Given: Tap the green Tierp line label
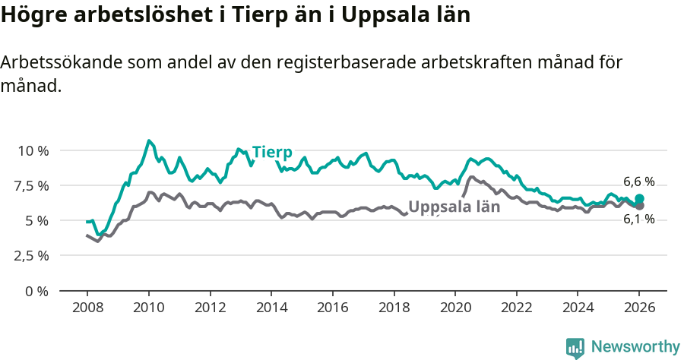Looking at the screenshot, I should click(x=272, y=151).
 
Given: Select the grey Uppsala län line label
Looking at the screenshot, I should click(x=454, y=207).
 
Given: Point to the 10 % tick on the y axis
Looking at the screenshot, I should click(x=33, y=150).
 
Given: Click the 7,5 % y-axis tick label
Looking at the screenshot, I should click(x=33, y=185).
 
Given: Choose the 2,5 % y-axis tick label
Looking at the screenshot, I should click(x=33, y=255).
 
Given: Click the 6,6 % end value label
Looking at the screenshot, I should click(x=638, y=182).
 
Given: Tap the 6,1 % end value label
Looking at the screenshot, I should click(x=638, y=219).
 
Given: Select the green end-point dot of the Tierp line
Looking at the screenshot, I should click(x=639, y=198).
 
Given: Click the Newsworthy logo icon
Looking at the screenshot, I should click(x=575, y=347).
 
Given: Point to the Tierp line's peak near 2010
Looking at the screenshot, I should click(x=149, y=141).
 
